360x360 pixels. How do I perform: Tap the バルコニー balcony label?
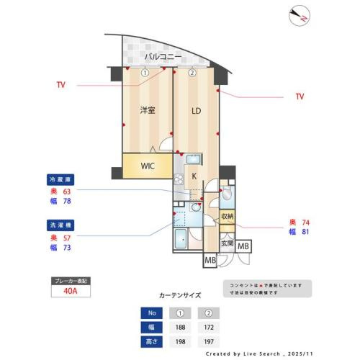161,55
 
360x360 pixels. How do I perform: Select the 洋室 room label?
148,110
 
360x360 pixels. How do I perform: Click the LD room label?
196,110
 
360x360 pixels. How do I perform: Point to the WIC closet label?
147,166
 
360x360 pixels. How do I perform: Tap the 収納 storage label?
227,216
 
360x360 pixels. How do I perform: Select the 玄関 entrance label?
226,243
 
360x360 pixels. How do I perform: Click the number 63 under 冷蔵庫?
68,192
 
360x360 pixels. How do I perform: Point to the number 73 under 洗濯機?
68,248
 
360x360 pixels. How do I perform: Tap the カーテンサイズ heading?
180,295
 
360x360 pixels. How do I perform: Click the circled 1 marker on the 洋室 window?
145,72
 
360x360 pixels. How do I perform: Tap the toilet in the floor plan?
226,193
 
